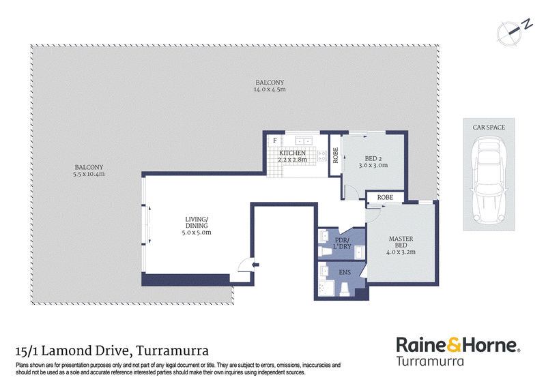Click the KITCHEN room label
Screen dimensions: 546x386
(293, 153)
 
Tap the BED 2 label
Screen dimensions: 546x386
(373, 159)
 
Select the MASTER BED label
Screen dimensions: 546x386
(401, 242)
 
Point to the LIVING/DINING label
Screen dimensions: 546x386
(197, 222)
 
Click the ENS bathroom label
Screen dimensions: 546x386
(345, 273)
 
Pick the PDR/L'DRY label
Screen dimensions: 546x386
(342, 243)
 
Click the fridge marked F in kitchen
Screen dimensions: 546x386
(275, 140)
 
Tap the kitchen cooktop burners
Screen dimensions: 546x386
(321, 155)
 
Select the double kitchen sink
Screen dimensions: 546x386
(304, 140)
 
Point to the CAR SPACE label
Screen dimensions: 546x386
(489, 128)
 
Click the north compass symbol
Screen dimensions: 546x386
(513, 32)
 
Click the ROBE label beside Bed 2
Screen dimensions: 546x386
(336, 155)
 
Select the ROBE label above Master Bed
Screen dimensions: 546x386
(385, 197)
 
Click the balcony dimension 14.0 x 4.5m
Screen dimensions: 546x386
(270, 89)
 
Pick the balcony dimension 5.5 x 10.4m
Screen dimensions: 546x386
(89, 174)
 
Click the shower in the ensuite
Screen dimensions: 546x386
(326, 288)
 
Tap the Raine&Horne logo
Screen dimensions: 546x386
(458, 351)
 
